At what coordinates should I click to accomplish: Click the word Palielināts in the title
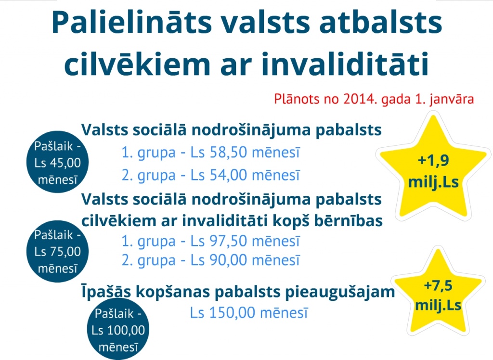click(x=132, y=22)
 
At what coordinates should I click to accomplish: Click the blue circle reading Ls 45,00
click(x=58, y=162)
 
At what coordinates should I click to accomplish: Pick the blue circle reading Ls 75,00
click(x=58, y=251)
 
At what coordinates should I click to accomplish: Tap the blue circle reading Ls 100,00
click(x=118, y=329)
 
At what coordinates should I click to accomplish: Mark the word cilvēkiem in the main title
click(x=137, y=64)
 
